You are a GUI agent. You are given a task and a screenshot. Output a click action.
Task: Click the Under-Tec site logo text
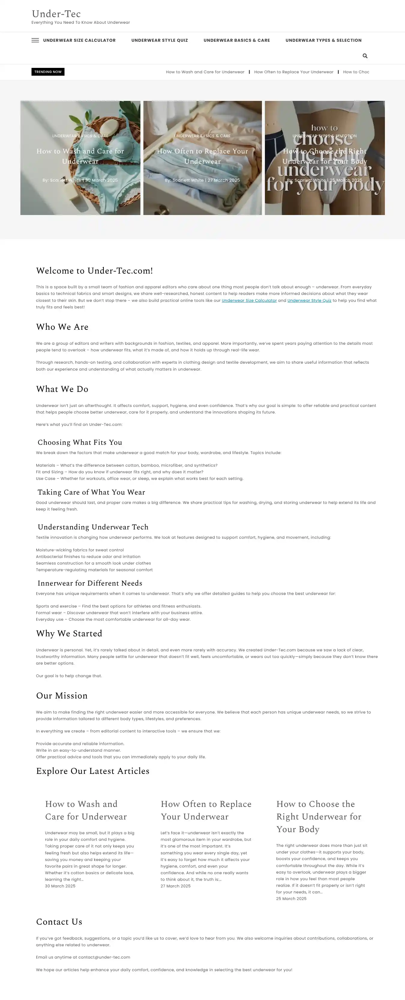point(56,14)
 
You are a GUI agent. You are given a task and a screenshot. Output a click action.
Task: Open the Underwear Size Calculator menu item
point(79,40)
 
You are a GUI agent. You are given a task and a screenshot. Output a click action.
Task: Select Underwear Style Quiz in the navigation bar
point(159,40)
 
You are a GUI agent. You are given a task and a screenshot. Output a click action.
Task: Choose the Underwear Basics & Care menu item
point(237,40)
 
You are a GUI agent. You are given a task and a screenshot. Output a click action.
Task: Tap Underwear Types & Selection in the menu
point(323,40)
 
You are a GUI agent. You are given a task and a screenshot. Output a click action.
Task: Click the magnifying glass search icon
point(365,56)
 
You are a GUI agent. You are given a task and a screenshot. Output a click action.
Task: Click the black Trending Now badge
point(48,72)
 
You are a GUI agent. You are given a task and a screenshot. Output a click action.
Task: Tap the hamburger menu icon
point(35,40)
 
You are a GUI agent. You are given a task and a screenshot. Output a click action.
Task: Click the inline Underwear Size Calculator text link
point(249,301)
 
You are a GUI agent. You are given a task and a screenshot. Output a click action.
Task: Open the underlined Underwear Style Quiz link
point(309,301)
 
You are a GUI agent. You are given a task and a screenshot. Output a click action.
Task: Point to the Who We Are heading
point(62,327)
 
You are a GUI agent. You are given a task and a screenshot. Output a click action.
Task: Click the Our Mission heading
point(62,696)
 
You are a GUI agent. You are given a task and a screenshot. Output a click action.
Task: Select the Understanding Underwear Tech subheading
point(93,527)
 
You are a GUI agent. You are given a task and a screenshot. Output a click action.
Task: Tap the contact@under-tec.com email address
point(104,957)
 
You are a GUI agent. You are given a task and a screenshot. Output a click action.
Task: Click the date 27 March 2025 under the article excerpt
point(175,886)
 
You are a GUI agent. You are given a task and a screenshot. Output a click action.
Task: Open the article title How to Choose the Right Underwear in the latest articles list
point(319,817)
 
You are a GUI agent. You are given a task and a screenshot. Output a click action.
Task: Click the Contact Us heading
point(59,922)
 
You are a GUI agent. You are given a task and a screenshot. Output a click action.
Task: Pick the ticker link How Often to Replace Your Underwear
point(293,72)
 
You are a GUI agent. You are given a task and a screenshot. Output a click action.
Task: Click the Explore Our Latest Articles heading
point(92,771)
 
